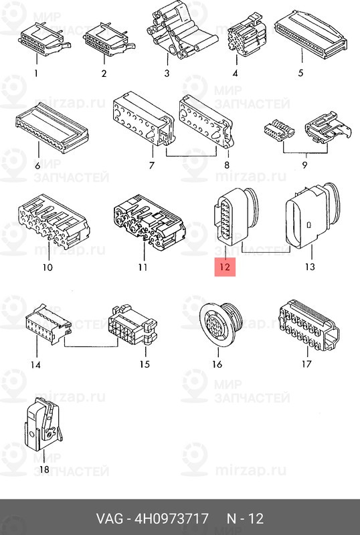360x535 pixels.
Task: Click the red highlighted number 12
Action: click(x=225, y=267)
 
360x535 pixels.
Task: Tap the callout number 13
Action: click(x=309, y=266)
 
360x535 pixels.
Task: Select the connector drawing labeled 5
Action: click(x=311, y=35)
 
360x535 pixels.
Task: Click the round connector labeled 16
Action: click(x=221, y=324)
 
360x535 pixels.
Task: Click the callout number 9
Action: click(x=304, y=165)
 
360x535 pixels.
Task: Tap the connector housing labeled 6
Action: click(x=52, y=128)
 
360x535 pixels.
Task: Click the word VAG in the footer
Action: click(x=110, y=519)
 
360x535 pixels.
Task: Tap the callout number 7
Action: click(x=152, y=165)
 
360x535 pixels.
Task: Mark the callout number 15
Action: click(x=145, y=364)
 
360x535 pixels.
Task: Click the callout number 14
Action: click(x=35, y=364)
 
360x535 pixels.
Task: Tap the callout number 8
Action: click(x=227, y=165)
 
